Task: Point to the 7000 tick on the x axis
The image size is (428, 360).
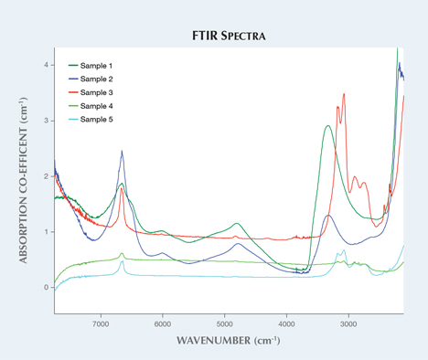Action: click(101, 323)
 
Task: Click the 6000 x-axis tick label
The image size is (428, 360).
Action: click(163, 323)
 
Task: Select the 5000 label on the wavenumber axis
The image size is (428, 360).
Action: click(225, 323)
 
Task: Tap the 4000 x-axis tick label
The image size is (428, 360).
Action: click(287, 323)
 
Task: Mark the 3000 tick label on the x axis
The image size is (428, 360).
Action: click(349, 323)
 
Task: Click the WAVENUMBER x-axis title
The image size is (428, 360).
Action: click(227, 342)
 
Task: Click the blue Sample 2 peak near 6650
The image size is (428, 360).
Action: click(122, 153)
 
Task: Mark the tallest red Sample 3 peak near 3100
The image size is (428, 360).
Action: click(344, 94)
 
